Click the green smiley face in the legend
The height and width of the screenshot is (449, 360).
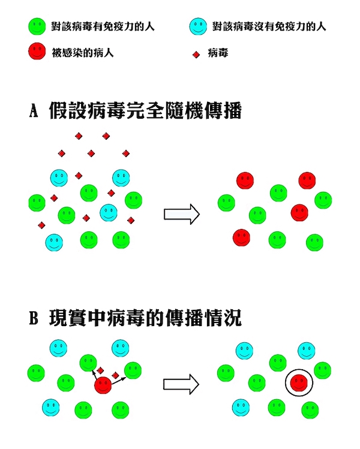37,26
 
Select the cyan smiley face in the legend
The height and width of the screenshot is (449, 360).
198,26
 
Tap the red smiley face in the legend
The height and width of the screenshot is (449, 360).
37,51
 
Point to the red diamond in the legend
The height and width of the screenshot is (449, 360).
196,55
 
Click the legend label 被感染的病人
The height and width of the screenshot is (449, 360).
83,53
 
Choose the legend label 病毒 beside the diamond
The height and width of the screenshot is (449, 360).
218,53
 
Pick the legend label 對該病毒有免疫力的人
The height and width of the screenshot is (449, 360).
103,26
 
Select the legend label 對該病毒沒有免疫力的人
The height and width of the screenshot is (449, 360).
269,26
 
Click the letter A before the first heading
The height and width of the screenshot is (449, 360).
34,110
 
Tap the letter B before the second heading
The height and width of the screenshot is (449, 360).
34,318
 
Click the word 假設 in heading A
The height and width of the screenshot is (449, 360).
68,110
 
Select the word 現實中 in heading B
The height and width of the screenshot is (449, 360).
77,318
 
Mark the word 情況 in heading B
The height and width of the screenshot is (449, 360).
223,318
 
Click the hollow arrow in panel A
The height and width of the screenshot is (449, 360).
182,214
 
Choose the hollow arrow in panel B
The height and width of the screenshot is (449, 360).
181,384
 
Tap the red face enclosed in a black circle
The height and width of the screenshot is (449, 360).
299,382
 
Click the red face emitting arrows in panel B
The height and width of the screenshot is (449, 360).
103,385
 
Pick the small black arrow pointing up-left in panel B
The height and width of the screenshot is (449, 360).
94,375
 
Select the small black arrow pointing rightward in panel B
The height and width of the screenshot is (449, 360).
119,381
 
